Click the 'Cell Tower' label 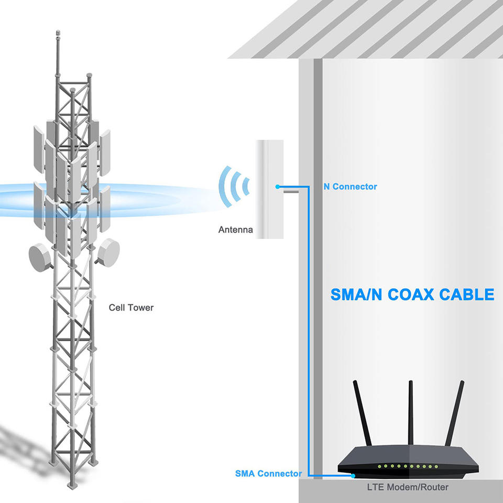click(x=131, y=308)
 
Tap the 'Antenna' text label click(x=235, y=229)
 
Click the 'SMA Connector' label click(x=268, y=474)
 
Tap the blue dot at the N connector click(x=277, y=187)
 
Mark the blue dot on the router click(x=354, y=476)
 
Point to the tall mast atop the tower click(x=57, y=58)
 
